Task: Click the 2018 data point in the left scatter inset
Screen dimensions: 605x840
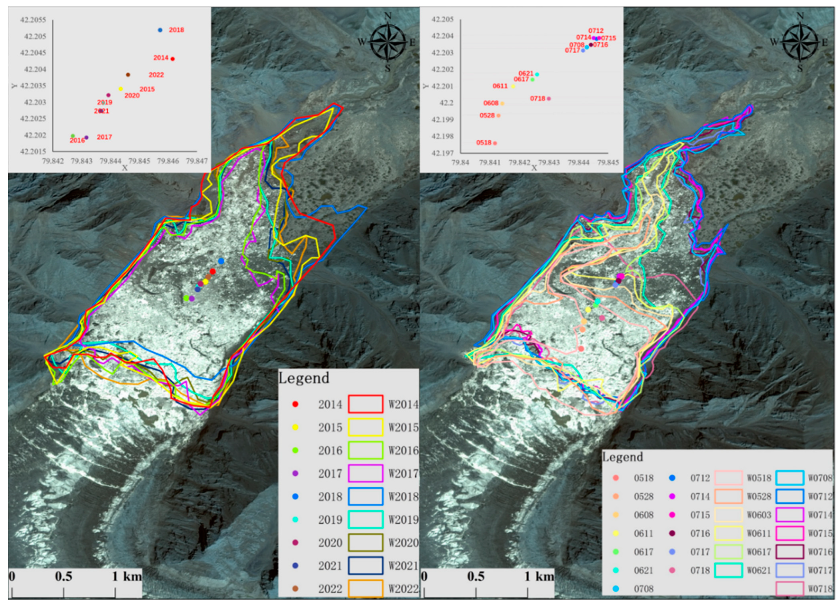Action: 160,30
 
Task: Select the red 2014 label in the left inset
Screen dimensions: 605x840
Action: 161,58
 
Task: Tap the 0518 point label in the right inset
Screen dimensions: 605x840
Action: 484,143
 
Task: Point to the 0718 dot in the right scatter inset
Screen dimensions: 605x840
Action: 549,99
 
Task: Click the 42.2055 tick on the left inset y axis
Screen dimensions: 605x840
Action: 33,20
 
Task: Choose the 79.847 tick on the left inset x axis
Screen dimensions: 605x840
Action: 197,161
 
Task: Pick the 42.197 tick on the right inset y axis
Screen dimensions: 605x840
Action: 443,153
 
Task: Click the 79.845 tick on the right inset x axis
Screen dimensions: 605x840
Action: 608,162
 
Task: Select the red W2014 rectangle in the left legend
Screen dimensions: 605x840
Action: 365,404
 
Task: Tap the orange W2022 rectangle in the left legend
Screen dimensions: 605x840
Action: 365,589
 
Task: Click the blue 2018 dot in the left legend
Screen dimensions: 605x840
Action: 295,497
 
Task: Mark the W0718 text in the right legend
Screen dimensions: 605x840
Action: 820,589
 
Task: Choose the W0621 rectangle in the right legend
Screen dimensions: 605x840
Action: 728,570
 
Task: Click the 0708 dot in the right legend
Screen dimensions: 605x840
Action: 616,589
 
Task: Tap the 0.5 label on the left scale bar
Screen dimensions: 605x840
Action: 63,577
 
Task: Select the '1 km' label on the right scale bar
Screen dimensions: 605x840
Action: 539,577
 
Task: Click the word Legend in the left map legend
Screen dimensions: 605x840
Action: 303,378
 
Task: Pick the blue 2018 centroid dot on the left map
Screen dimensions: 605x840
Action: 221,261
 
